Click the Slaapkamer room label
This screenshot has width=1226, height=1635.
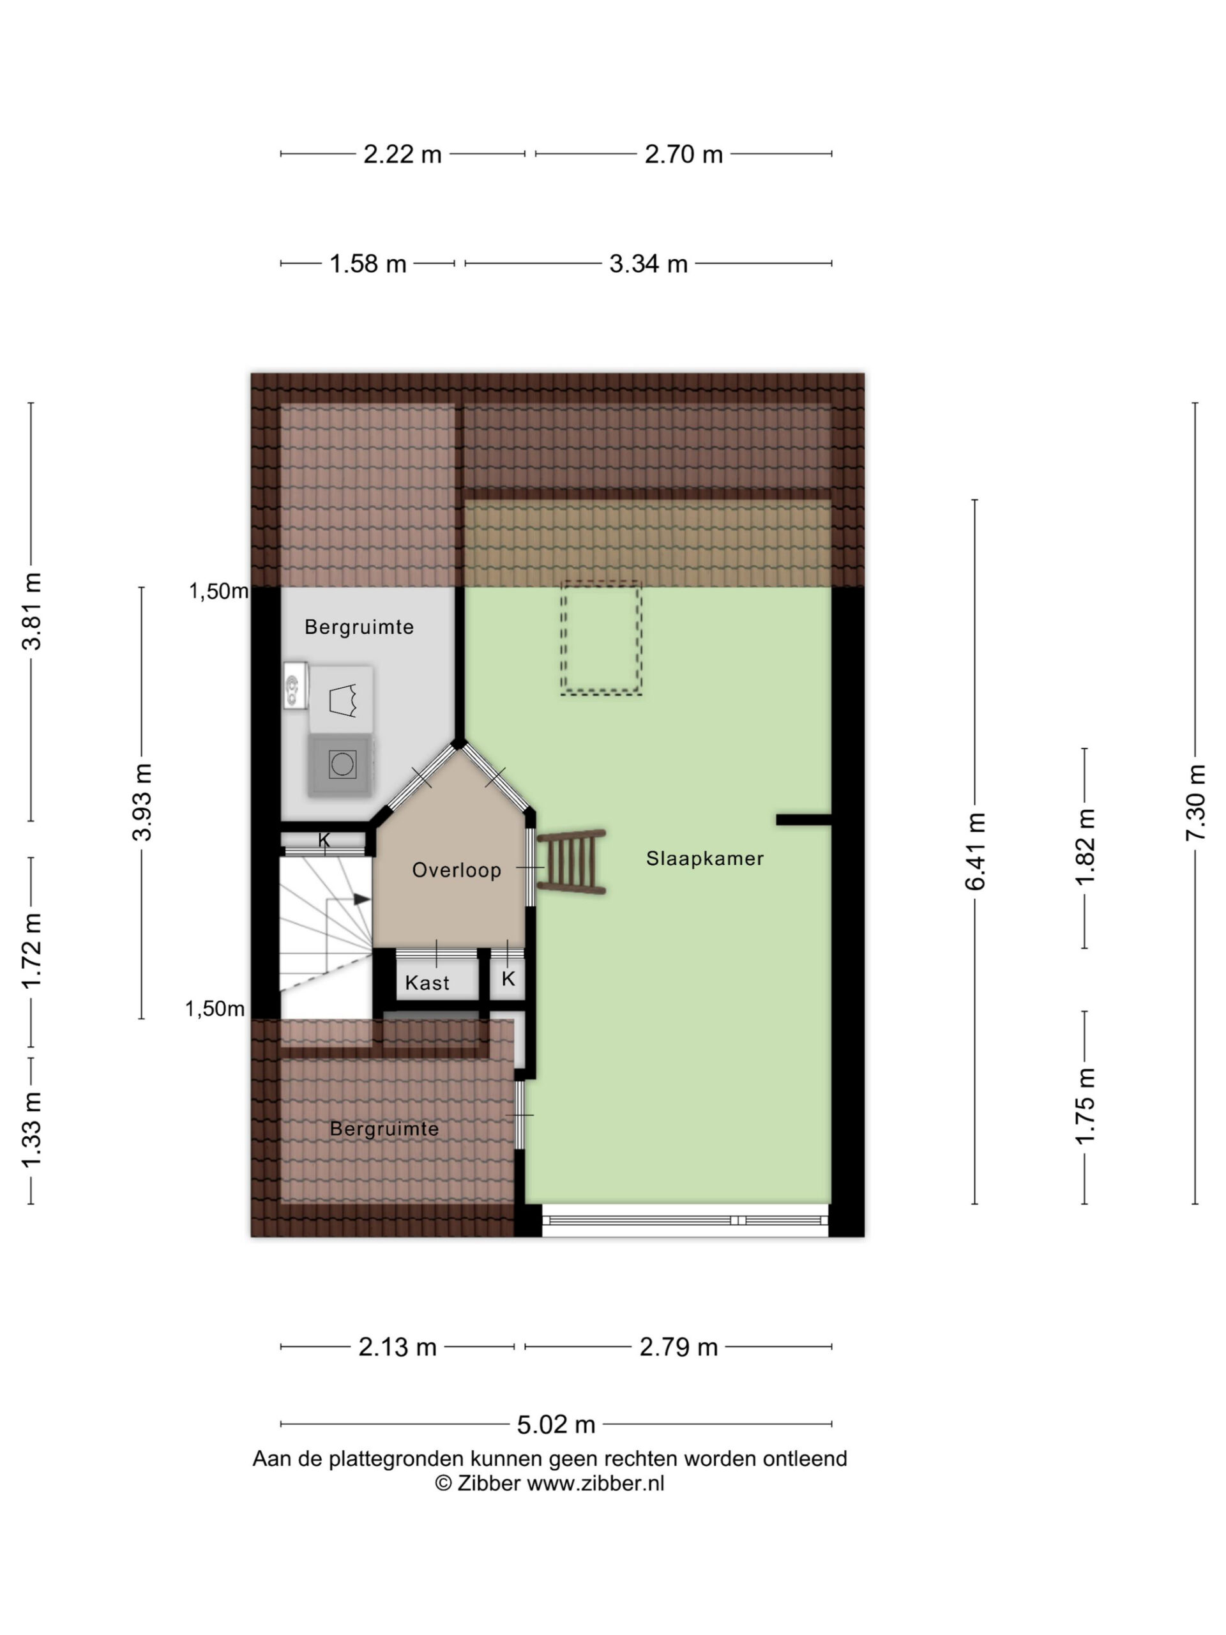point(704,858)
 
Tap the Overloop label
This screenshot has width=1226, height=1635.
point(456,870)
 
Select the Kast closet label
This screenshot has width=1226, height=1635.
point(427,982)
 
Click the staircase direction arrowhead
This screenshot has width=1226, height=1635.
point(362,899)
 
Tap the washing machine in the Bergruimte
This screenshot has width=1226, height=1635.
point(342,764)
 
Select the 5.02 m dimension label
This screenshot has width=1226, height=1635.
point(556,1424)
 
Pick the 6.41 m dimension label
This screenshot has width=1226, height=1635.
point(975,851)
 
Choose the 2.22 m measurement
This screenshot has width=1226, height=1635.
point(402,155)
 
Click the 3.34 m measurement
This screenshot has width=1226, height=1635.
point(648,264)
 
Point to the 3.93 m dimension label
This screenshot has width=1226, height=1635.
point(141,803)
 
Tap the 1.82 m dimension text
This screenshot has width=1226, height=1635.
point(1085,848)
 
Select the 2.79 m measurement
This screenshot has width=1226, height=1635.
point(678,1348)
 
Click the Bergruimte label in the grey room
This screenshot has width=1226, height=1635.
point(359,627)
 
